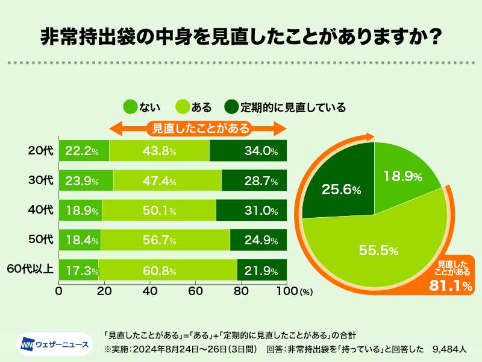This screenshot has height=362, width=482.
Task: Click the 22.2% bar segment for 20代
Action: pos(84,151)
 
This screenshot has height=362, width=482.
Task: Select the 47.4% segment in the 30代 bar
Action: pos(167,180)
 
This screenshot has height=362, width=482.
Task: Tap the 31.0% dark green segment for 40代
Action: pos(251,211)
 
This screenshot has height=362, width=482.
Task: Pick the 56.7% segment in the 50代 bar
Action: pos(165,240)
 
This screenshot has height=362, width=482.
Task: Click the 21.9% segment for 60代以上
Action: pos(262,270)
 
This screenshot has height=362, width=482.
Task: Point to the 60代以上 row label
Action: pos(30,270)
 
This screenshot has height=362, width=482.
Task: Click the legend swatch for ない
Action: pos(130,107)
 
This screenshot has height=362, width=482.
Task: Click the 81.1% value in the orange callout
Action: pos(450,285)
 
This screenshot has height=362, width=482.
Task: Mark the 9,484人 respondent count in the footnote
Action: pos(453,349)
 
